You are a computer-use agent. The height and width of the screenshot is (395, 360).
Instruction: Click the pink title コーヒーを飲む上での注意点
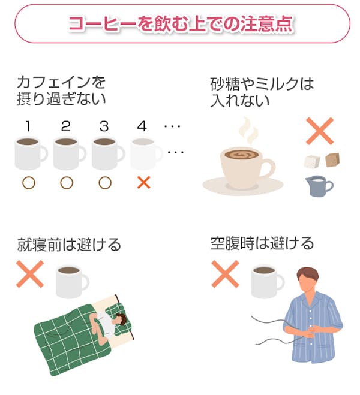[x=181, y=24]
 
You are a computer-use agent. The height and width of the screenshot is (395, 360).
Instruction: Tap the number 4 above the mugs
[x=142, y=126]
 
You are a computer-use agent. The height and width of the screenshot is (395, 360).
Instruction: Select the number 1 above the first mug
[x=28, y=126]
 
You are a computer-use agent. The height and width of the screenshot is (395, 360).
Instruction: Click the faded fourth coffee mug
[x=146, y=153]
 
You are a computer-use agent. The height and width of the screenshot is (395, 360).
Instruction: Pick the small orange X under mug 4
[x=144, y=183]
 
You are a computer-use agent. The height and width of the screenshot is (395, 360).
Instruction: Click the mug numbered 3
[x=107, y=153]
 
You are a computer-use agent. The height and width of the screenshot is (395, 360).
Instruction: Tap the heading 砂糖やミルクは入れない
[x=262, y=92]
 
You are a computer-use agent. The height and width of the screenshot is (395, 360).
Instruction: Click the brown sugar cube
[x=332, y=160]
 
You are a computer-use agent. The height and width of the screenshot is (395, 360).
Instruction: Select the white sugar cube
[x=312, y=161]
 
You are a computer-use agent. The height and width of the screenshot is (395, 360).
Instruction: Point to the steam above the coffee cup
[x=248, y=131]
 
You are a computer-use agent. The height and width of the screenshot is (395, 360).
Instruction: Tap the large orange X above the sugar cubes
[x=320, y=131]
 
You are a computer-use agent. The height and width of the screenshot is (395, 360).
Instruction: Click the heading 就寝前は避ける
[x=69, y=244]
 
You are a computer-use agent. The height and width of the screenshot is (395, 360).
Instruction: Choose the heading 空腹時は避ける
[x=262, y=243]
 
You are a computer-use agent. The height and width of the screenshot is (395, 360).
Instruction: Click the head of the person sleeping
[x=120, y=319]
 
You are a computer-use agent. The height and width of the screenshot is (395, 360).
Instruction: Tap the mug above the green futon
[x=72, y=281]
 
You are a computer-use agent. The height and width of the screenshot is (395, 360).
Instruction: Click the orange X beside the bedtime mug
[x=30, y=274]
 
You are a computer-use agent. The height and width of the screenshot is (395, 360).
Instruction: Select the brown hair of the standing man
[x=308, y=275]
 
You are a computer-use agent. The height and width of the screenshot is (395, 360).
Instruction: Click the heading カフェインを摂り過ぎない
[x=61, y=91]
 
